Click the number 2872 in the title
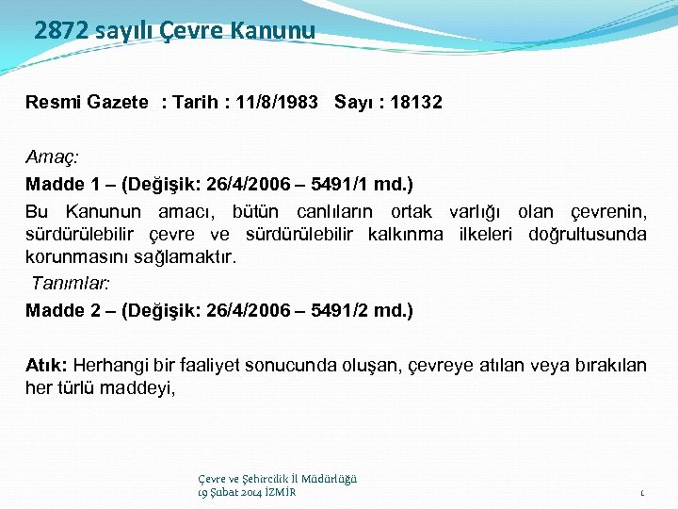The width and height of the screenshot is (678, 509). [x=61, y=30]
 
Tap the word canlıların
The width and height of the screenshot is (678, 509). [x=334, y=210]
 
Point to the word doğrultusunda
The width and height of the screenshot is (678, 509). [x=588, y=234]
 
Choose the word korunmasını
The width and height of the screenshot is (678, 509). [x=72, y=256]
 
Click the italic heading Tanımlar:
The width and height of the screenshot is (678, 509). [x=71, y=283]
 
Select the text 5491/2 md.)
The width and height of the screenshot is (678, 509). [x=368, y=310]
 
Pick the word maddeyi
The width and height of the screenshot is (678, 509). [x=137, y=387]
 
